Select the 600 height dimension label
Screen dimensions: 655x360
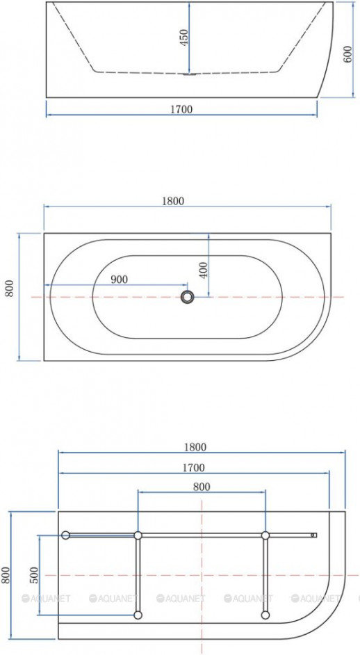point(348,55)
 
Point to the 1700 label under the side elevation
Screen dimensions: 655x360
point(181,108)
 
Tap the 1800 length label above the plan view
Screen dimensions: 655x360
point(173,201)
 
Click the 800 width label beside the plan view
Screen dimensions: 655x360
point(10,289)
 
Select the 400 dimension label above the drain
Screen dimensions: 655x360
point(204,269)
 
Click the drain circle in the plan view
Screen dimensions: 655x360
point(187,297)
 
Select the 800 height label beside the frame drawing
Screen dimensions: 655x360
point(6,575)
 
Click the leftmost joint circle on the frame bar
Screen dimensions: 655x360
point(65,535)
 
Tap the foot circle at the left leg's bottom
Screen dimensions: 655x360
point(138,615)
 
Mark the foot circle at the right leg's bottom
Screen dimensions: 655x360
point(265,615)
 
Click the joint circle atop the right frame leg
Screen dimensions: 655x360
point(265,535)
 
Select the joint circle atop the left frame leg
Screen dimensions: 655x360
point(138,535)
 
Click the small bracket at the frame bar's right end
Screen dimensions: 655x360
point(314,535)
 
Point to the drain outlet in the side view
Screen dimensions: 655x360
point(186,73)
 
